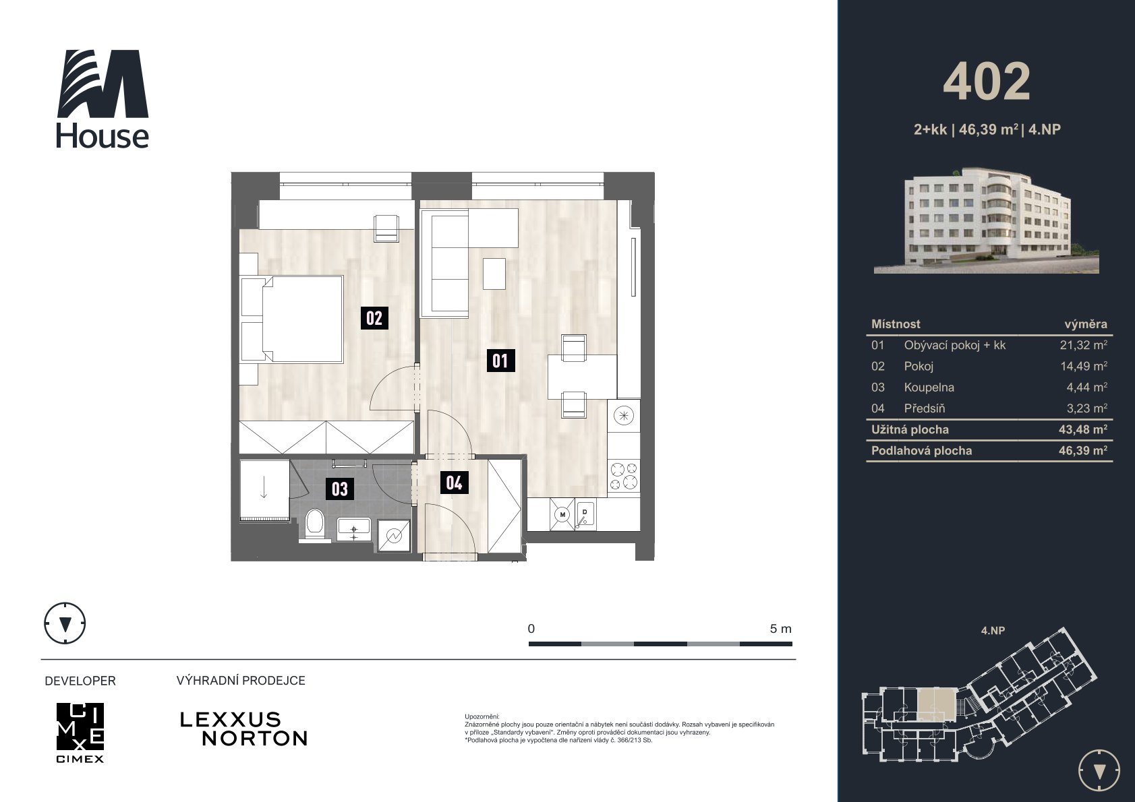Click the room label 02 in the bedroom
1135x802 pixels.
(x=374, y=318)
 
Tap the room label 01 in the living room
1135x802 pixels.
(x=500, y=361)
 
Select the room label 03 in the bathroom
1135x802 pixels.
(x=339, y=489)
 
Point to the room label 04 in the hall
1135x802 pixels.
(x=454, y=483)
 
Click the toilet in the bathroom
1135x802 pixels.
(x=315, y=526)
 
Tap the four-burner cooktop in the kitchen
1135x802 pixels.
(x=624, y=475)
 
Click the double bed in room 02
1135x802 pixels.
(x=293, y=319)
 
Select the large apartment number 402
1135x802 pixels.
(x=987, y=82)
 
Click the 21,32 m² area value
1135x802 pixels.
(x=1083, y=345)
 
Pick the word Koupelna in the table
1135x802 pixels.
(x=929, y=388)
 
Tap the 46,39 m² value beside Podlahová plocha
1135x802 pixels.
(x=1083, y=451)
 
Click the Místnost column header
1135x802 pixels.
(x=896, y=324)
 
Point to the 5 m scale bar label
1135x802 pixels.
(x=780, y=629)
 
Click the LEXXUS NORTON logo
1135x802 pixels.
(x=243, y=729)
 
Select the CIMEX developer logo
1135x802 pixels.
(x=80, y=733)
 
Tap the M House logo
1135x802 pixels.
(x=103, y=98)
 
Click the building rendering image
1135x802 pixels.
(x=986, y=221)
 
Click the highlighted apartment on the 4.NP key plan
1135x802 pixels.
(x=936, y=705)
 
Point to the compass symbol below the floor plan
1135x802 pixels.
(x=65, y=623)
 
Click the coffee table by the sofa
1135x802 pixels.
(x=494, y=274)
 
